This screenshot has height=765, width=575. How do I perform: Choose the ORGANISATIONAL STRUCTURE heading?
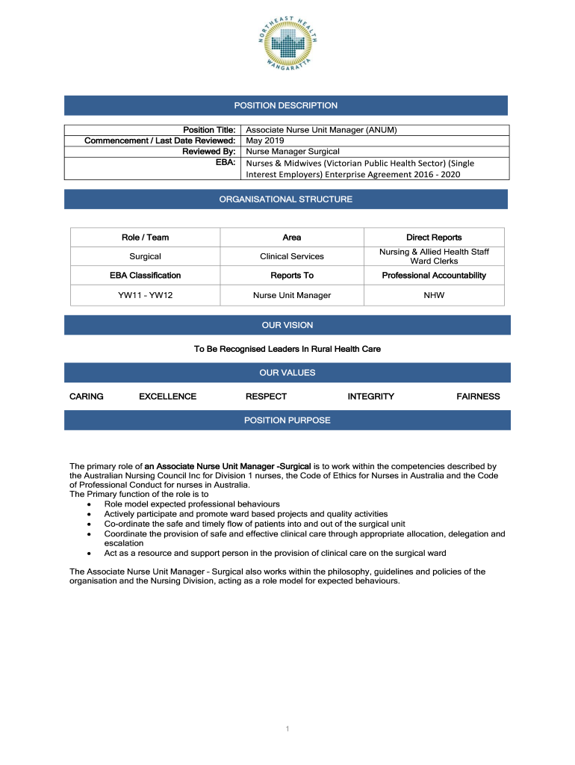(x=286, y=199)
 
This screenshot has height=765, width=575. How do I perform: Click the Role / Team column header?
(x=145, y=238)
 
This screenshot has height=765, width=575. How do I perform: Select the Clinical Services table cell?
(x=292, y=256)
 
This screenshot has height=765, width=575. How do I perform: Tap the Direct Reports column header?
(x=434, y=238)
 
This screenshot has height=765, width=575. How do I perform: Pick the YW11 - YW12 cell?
(x=145, y=295)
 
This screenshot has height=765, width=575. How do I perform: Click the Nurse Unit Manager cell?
(x=292, y=295)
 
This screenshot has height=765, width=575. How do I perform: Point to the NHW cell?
(x=434, y=295)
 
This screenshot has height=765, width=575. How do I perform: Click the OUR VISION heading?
(x=287, y=325)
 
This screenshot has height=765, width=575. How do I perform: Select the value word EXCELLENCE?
(x=168, y=397)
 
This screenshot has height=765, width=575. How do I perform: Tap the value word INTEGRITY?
(x=370, y=397)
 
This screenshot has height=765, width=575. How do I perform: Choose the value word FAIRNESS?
(x=478, y=397)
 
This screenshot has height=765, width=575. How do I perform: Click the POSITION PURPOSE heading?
(x=287, y=421)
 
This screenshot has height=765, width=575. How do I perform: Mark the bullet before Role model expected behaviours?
(x=90, y=504)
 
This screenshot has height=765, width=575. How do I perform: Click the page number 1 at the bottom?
(x=287, y=729)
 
